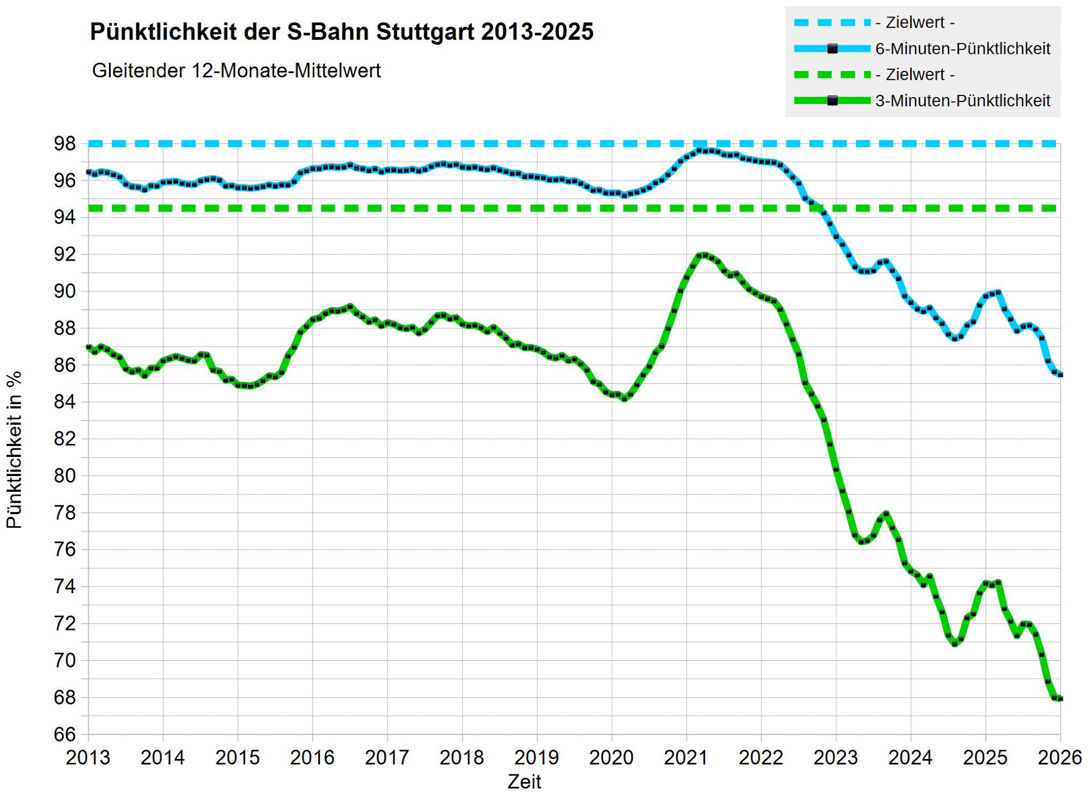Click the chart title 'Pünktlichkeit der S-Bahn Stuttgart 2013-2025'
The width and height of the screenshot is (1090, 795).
pyautogui.click(x=341, y=32)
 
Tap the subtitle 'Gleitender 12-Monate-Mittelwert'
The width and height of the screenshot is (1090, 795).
pyautogui.click(x=236, y=71)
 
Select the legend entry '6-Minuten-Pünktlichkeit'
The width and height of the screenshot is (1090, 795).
pyautogui.click(x=962, y=49)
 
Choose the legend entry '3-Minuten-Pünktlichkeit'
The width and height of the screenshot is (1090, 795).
pyautogui.click(x=962, y=101)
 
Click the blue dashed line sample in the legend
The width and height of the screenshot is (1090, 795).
pyautogui.click(x=832, y=22)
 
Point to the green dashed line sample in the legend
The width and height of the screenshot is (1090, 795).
pyautogui.click(x=832, y=75)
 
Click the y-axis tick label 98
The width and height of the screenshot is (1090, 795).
pyautogui.click(x=64, y=144)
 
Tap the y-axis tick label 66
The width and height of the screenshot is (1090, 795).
pyautogui.click(x=64, y=734)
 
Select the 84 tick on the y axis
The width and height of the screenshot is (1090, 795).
pyautogui.click(x=64, y=402)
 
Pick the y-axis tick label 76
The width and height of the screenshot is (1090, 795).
pyautogui.click(x=64, y=550)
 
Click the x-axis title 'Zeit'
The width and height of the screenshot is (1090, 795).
pyautogui.click(x=524, y=782)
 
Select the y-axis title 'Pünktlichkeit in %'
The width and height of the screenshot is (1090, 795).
pyautogui.click(x=15, y=449)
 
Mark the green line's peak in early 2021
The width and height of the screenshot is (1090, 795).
pyautogui.click(x=705, y=255)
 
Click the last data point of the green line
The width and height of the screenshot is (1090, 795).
pyautogui.click(x=1060, y=698)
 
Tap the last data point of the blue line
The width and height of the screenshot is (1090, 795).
pyautogui.click(x=1060, y=375)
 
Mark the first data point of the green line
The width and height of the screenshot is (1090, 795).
pyautogui.click(x=89, y=347)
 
